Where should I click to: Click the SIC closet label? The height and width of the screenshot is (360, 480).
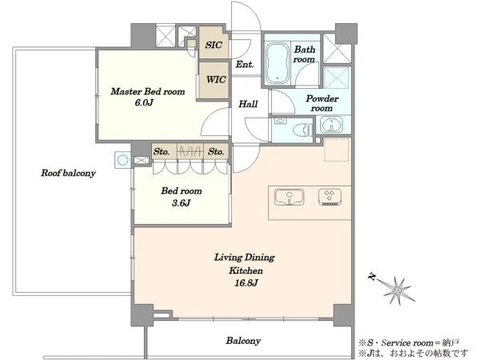point(214,45)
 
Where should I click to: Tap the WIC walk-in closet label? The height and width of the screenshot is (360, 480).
point(216,79)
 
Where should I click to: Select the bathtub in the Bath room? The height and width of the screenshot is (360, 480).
point(278,63)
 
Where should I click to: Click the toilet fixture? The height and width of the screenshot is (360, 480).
point(302,130)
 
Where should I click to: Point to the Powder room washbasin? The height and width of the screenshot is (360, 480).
point(331,125)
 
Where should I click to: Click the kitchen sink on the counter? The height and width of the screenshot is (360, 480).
point(290,197)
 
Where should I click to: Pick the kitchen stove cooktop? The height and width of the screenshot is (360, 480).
point(330,197)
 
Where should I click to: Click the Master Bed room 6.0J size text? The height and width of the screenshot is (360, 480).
point(144,102)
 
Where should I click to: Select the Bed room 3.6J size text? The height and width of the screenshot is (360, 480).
point(181,202)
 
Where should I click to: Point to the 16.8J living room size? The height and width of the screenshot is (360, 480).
point(246,283)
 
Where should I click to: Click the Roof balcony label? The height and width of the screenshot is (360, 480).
point(68,174)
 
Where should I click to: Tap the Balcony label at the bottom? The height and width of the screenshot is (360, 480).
point(243,341)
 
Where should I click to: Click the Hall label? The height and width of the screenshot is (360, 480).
point(248,104)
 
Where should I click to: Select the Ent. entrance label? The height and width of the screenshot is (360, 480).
point(245,64)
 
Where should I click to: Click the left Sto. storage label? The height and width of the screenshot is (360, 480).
point(162,151)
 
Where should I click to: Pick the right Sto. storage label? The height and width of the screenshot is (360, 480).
point(216,151)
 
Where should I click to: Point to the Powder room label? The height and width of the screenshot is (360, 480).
point(322,103)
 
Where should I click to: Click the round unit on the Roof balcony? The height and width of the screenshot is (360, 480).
point(122,160)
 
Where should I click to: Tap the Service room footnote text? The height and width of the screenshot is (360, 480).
point(410,342)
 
